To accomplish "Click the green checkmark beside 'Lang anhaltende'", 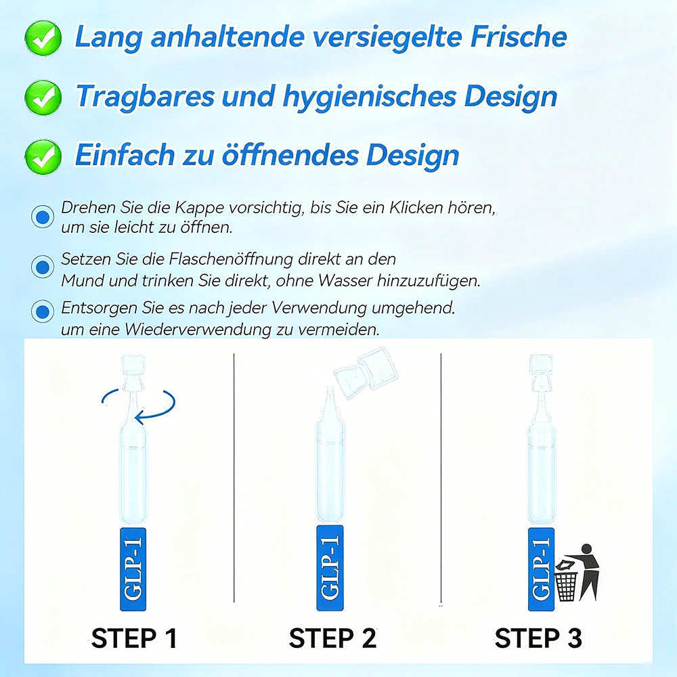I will click(43, 38).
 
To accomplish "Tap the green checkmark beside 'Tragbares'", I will click(43, 97).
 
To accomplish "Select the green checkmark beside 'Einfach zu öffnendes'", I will click(43, 156).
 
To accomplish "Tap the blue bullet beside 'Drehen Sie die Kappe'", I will click(43, 217).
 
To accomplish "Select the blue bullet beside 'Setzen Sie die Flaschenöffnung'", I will click(43, 266).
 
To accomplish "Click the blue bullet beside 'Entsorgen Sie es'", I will click(43, 312).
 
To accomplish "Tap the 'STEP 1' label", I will click(134, 638).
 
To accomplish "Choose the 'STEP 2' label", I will click(332, 638).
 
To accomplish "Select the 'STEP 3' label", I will click(538, 638).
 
